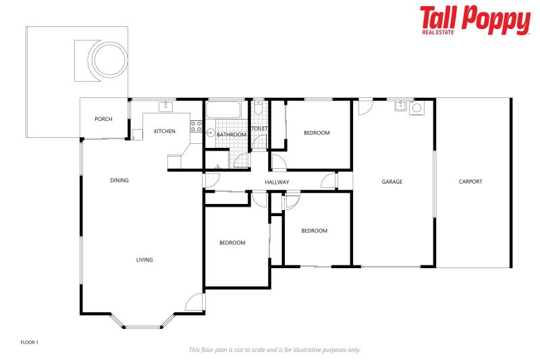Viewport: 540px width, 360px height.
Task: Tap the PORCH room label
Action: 103,120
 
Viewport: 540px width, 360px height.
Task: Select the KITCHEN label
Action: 165,131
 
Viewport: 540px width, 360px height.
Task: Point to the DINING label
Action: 119,180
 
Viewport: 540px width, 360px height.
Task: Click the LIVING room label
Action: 144,259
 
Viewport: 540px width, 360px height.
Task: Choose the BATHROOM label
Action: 232,134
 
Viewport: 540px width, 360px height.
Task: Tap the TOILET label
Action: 259,128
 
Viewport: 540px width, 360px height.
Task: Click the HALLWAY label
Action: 277,182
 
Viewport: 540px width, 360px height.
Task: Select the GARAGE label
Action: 392,182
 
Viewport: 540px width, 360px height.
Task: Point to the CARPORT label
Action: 470,182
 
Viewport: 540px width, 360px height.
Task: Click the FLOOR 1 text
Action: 30,342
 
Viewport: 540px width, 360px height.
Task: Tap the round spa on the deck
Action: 109,59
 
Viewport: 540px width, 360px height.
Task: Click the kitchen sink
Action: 165,106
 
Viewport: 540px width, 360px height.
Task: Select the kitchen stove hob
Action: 196,126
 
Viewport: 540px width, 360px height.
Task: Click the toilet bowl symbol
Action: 259,109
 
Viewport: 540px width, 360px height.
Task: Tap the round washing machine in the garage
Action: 416,107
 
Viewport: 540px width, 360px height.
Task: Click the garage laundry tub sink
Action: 400,105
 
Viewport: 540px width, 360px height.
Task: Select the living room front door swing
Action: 195,302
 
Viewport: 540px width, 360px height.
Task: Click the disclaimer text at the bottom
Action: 275,350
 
